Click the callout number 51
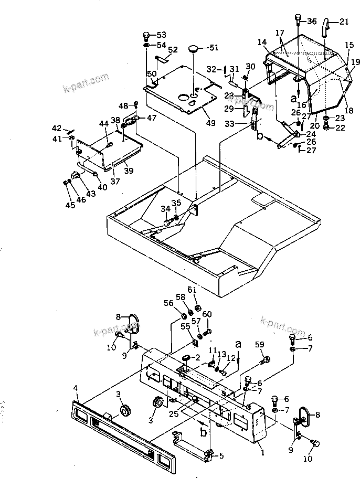pyautogui.click(x=214, y=48)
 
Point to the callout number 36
pyautogui.click(x=312, y=22)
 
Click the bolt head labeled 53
pyautogui.click(x=146, y=36)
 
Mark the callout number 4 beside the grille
pyautogui.click(x=76, y=389)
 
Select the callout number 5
pyautogui.click(x=221, y=456)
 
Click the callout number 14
pyautogui.click(x=262, y=41)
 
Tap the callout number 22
pyautogui.click(x=341, y=127)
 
